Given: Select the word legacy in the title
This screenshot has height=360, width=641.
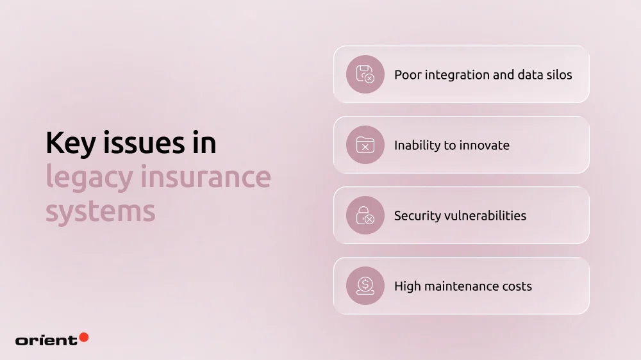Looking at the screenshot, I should [87, 177].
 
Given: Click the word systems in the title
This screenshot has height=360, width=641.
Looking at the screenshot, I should [100, 211].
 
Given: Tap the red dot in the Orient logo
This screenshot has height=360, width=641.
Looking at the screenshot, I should [83, 337].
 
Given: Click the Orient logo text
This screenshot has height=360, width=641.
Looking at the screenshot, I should [46, 340].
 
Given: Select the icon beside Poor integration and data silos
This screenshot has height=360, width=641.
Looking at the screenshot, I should [365, 74].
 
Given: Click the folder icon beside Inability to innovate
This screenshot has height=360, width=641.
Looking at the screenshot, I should [365, 145].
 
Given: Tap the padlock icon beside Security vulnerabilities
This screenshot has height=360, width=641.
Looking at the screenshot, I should [365, 215].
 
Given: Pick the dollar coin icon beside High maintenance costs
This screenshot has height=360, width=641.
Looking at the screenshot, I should [365, 286].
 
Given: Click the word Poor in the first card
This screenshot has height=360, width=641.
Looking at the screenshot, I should [408, 75].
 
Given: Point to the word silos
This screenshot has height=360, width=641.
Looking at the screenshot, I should [556, 75].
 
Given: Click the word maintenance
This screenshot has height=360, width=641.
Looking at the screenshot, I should [463, 286].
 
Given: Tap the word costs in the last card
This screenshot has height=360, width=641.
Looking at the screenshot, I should [517, 286].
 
